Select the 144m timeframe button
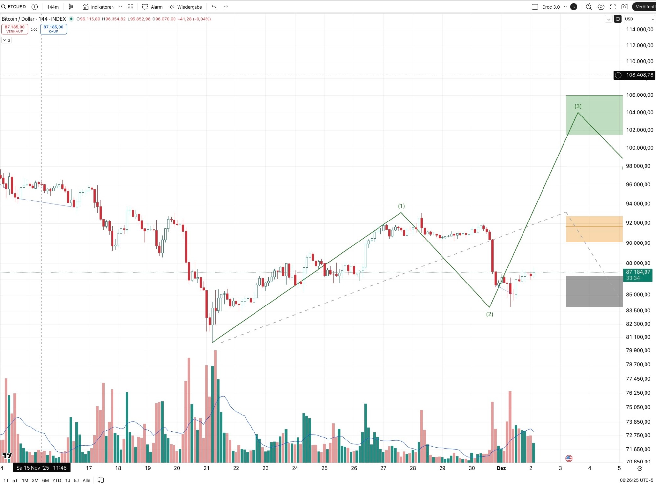52,7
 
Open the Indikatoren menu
102,7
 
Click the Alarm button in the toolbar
153,7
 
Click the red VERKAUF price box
14,29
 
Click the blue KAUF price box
53,29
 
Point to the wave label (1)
401,206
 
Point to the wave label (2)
489,314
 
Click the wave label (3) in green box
578,106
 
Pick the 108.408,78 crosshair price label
639,75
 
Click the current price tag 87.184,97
638,272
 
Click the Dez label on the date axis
501,468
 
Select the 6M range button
45,480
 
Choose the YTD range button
57,480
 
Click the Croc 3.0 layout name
551,7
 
